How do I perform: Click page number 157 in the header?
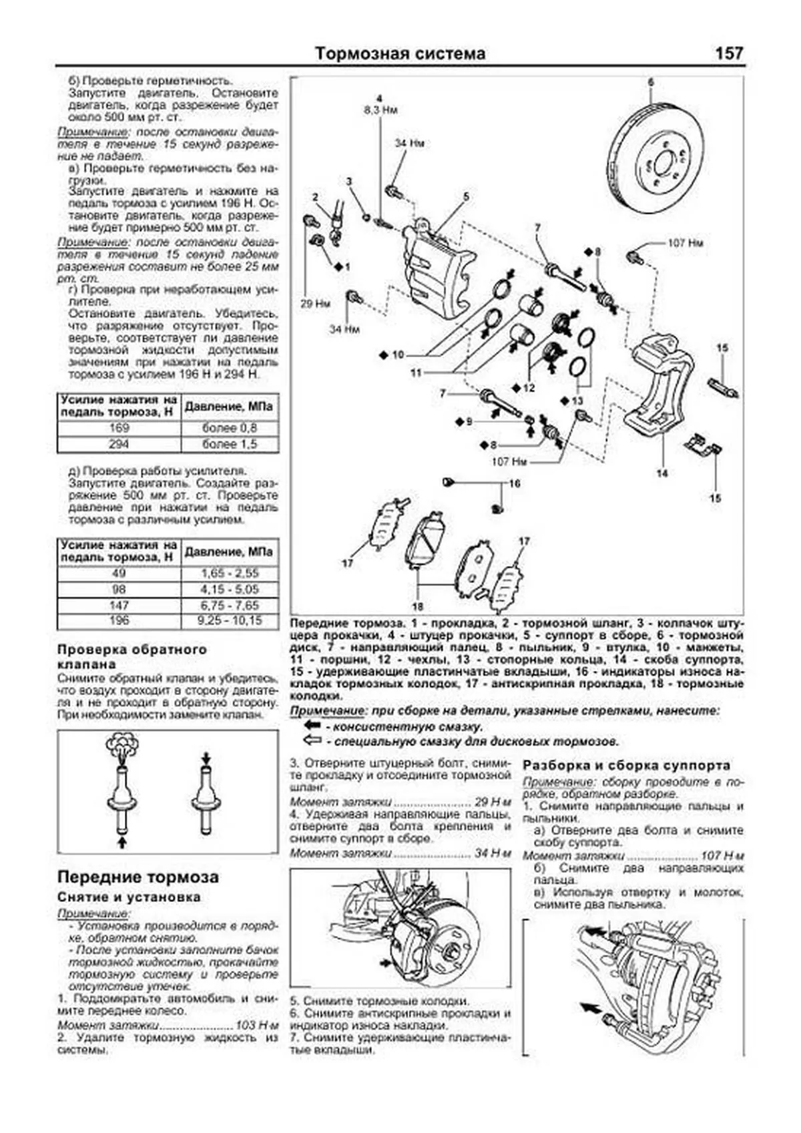(x=729, y=53)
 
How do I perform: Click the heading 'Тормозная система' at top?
(x=400, y=54)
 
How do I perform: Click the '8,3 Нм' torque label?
(x=380, y=109)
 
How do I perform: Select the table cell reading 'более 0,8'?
(x=229, y=428)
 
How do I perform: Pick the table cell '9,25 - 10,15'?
(x=229, y=621)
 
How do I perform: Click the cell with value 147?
(x=119, y=605)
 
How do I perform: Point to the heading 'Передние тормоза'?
(x=138, y=877)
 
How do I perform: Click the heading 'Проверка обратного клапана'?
(x=132, y=656)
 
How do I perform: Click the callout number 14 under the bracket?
(x=661, y=473)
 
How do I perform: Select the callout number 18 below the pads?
(x=417, y=607)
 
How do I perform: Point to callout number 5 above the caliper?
(x=466, y=196)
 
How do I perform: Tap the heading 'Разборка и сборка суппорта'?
(x=626, y=766)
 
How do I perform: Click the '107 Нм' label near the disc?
(x=685, y=244)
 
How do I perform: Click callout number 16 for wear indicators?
(x=514, y=483)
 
